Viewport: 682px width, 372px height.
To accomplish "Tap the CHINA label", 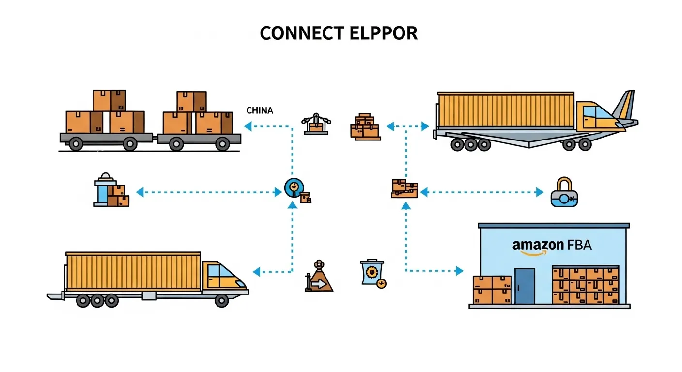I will [x=260, y=110].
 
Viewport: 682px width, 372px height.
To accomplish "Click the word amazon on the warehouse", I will [x=537, y=245].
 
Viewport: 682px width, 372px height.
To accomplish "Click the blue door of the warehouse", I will [x=524, y=286].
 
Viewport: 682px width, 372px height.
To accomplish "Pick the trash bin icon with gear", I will [x=372, y=273].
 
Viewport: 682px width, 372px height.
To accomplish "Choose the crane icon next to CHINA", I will [x=315, y=124].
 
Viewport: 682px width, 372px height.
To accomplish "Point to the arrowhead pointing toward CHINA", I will [x=248, y=126].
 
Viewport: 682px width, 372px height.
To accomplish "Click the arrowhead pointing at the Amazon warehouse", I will [x=460, y=271].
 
